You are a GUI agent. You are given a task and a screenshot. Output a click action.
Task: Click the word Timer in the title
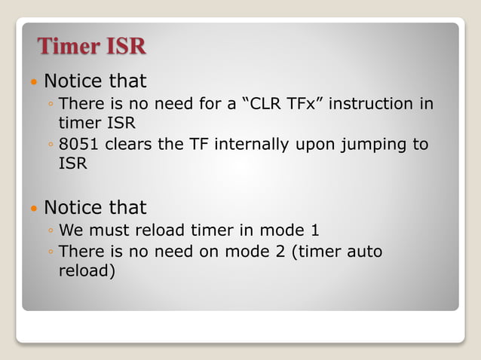point(69,47)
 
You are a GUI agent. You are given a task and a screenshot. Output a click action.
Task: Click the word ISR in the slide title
point(125,47)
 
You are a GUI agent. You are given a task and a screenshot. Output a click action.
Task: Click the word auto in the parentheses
point(366,251)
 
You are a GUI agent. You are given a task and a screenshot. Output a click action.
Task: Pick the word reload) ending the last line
point(87,270)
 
